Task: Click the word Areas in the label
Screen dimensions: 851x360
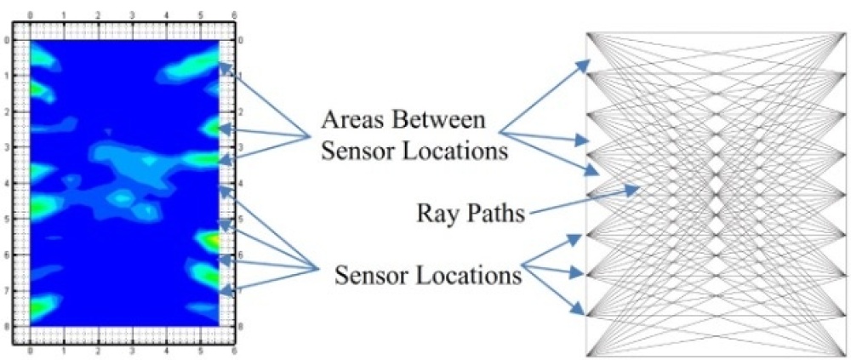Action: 350,120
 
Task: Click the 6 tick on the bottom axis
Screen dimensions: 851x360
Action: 235,351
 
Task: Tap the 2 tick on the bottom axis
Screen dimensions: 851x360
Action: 98,351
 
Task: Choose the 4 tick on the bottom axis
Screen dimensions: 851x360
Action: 167,351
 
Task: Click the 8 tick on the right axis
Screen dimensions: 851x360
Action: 241,327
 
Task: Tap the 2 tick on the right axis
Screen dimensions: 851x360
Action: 241,111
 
